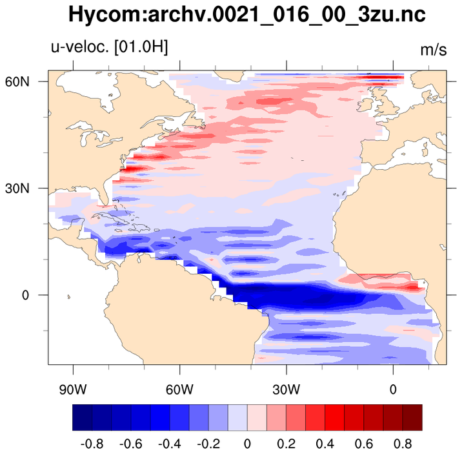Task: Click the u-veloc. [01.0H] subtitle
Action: [x=109, y=47]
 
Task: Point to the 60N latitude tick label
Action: [x=30, y=81]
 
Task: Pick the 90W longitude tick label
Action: [x=72, y=390]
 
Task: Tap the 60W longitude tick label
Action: [x=179, y=390]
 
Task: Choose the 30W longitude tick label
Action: [x=286, y=390]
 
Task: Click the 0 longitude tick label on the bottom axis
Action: [x=393, y=390]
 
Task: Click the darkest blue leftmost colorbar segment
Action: [x=82, y=417]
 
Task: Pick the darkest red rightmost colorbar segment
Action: [x=412, y=417]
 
